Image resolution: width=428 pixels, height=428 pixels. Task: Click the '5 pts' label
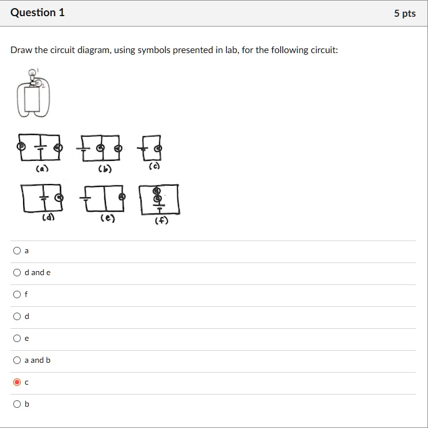[x=404, y=13]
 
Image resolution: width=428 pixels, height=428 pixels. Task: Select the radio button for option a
[x=17, y=250]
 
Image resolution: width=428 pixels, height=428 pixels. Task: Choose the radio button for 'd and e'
[x=17, y=272]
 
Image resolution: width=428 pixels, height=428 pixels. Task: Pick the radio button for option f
[x=17, y=294]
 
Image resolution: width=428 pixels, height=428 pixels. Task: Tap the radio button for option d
[x=17, y=316]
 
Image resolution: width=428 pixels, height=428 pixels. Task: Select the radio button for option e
[x=17, y=338]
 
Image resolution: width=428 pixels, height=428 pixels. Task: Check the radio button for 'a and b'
[x=17, y=360]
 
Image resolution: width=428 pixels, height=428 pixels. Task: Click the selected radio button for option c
[x=17, y=382]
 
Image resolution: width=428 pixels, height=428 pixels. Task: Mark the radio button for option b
[x=17, y=404]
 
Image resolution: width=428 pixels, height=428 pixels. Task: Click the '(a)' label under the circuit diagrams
[x=42, y=169]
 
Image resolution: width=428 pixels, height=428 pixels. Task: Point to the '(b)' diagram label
[x=104, y=169]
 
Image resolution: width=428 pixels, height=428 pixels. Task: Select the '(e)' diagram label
[x=107, y=218]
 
